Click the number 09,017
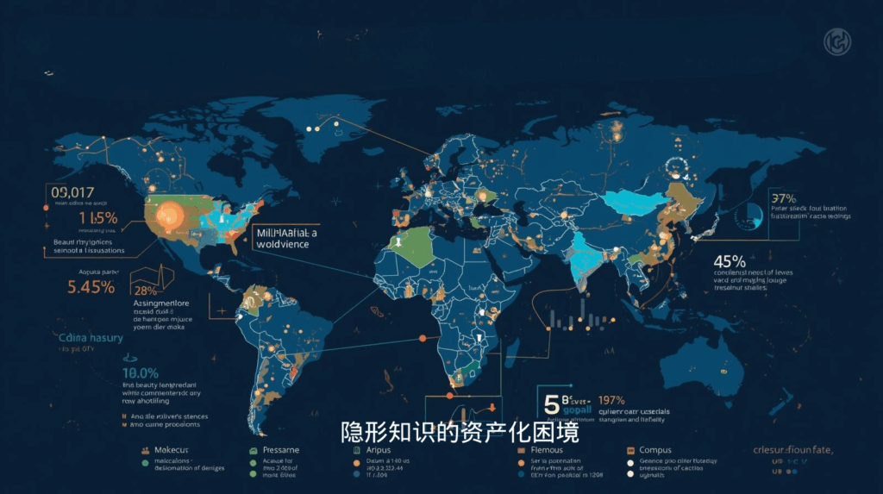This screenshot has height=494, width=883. click(72, 192)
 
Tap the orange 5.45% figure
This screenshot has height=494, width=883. click(91, 287)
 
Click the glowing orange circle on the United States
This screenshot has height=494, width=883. click(168, 213)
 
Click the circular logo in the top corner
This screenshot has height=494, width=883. click(837, 41)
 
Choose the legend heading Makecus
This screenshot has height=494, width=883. click(171, 450)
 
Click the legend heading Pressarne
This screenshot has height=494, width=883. click(280, 450)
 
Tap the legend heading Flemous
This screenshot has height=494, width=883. click(547, 450)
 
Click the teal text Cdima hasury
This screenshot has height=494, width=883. click(91, 338)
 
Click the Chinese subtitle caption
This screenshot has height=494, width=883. click(460, 432)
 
